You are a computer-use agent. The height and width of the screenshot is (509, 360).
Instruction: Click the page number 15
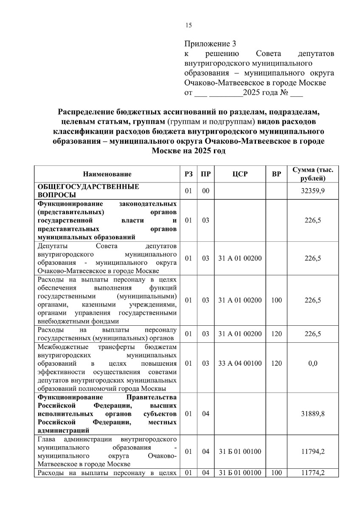pos(188,25)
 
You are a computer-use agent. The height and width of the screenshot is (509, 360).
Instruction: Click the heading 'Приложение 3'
pos(210,44)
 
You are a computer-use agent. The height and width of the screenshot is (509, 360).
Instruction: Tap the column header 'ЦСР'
pos(240,174)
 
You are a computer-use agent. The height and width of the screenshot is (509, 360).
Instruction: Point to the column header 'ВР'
pos(276,174)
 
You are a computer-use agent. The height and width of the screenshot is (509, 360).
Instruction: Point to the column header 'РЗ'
pos(188,174)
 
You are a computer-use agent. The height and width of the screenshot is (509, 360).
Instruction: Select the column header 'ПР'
pos(206,174)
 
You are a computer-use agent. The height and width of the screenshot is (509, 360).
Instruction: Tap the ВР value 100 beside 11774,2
pos(276,473)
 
